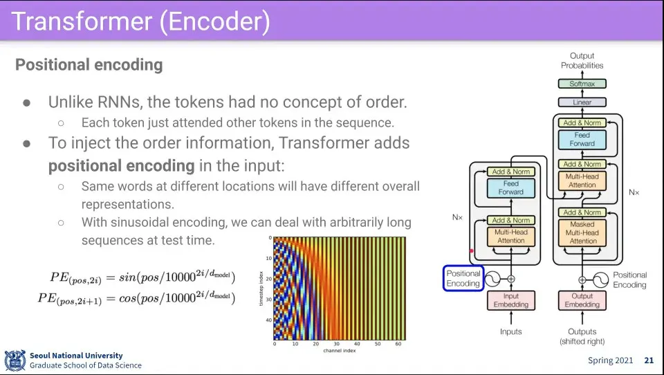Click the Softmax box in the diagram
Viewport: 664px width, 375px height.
[582, 84]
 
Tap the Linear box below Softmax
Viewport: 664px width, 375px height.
[582, 102]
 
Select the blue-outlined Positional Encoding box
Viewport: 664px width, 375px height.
[463, 279]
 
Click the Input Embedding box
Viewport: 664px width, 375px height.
[511, 300]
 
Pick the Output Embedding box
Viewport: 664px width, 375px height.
[582, 300]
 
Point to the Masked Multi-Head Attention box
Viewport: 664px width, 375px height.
[582, 232]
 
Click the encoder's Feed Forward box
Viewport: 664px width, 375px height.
[511, 187]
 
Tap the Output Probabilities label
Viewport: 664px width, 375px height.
[582, 61]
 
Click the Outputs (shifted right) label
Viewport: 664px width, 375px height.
[582, 336]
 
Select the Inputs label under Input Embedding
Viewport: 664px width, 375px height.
[511, 332]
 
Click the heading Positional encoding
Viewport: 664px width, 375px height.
[89, 65]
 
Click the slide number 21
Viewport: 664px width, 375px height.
[648, 360]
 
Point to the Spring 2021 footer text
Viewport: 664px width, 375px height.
[610, 360]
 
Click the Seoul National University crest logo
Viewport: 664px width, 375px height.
[15, 360]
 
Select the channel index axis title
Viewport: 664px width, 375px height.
[339, 351]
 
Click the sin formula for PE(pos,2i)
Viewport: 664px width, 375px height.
[142, 277]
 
